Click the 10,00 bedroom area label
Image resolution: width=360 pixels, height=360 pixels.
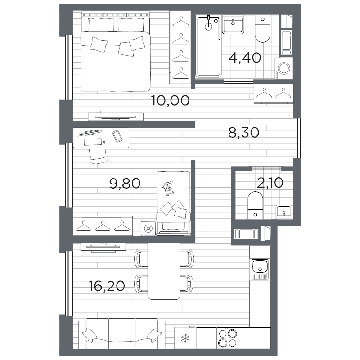(171, 100)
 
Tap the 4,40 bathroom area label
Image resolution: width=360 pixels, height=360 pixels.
(245, 58)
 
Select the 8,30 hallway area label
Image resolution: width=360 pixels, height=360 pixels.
(243, 132)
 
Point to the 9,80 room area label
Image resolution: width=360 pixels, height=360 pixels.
(125, 183)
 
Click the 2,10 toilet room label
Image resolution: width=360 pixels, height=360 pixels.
(270, 183)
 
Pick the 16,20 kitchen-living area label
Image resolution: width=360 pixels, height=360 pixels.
(107, 286)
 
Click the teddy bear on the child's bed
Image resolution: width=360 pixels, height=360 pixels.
(168, 188)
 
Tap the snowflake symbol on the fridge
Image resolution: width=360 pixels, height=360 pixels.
(185, 338)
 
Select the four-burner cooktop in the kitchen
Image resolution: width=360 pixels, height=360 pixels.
(228, 338)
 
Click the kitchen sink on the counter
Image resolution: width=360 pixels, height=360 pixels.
(260, 269)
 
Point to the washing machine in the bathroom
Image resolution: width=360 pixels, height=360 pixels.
(284, 68)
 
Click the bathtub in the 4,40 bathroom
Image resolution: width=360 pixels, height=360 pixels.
(208, 46)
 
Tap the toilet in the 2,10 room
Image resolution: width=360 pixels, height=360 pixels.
(255, 205)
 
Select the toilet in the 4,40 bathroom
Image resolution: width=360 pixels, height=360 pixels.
(262, 29)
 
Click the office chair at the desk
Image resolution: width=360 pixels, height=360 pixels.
(99, 156)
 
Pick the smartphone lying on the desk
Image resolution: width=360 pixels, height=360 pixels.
(117, 136)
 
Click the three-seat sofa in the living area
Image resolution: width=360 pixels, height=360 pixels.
(121, 333)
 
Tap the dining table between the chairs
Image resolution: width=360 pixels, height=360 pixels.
(164, 271)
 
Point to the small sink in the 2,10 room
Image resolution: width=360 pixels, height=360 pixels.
(284, 212)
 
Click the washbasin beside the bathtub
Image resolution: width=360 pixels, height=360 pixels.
(233, 25)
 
